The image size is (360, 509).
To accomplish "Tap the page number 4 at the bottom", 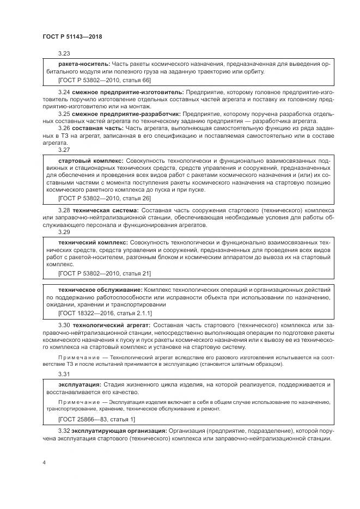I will [x=44, y=463].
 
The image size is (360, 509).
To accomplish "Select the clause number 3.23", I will [x=64, y=53].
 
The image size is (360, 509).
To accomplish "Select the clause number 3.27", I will [x=64, y=150].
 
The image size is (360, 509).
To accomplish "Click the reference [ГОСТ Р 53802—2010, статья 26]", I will [x=105, y=198].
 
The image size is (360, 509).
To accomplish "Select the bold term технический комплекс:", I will [x=93, y=241].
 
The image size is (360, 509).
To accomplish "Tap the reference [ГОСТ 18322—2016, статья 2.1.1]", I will [x=105, y=313].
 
